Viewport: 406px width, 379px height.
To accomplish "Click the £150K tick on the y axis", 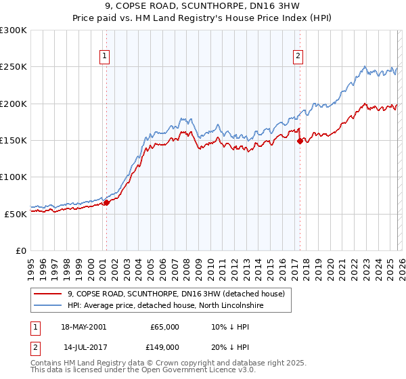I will point(14,140).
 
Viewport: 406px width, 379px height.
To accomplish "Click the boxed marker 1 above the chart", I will point(106,56).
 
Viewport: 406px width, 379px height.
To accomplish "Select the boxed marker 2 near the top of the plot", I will point(298,56).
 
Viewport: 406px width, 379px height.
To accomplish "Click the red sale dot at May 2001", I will point(106,202).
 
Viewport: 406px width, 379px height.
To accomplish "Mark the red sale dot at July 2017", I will point(300,141).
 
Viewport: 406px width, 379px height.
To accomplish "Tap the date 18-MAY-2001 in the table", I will point(83,327).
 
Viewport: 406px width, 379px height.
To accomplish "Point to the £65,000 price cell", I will point(165,327).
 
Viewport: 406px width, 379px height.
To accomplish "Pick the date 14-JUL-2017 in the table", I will point(84,347).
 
